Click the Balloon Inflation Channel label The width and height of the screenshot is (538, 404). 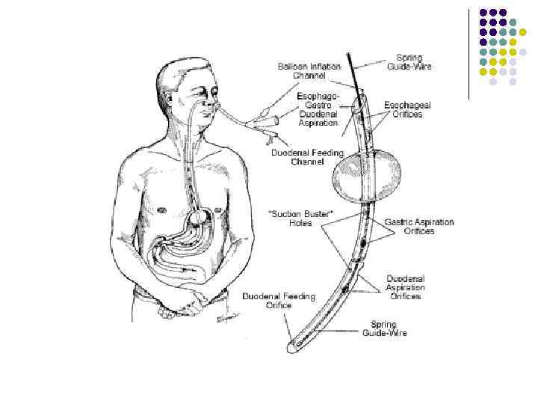[x=309, y=71]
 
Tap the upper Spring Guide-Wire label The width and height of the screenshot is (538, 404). [x=409, y=62]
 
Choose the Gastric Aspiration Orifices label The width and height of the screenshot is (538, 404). [x=419, y=227]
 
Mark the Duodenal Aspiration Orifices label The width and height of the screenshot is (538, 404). [x=405, y=287]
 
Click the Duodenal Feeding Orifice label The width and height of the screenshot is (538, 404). [x=279, y=301]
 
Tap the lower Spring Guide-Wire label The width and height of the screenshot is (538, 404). [x=385, y=328]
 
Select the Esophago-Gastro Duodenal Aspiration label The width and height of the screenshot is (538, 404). [x=318, y=109]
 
